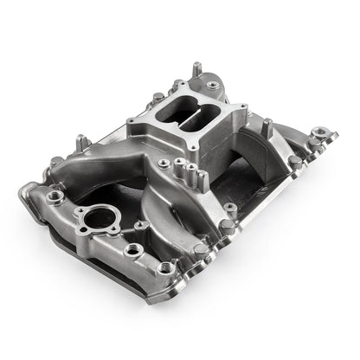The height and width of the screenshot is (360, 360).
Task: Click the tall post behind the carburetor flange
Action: click(197, 67)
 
